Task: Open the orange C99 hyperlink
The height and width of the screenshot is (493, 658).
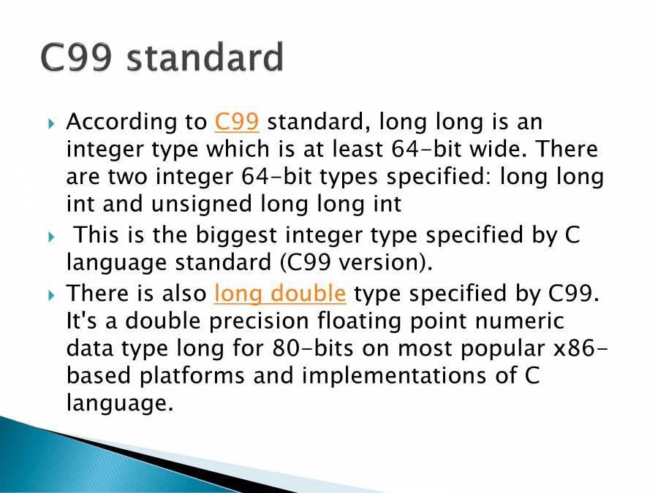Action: tap(238, 122)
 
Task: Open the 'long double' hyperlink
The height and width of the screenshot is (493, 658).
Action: tap(280, 294)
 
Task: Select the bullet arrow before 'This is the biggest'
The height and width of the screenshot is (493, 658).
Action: tap(51, 237)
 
